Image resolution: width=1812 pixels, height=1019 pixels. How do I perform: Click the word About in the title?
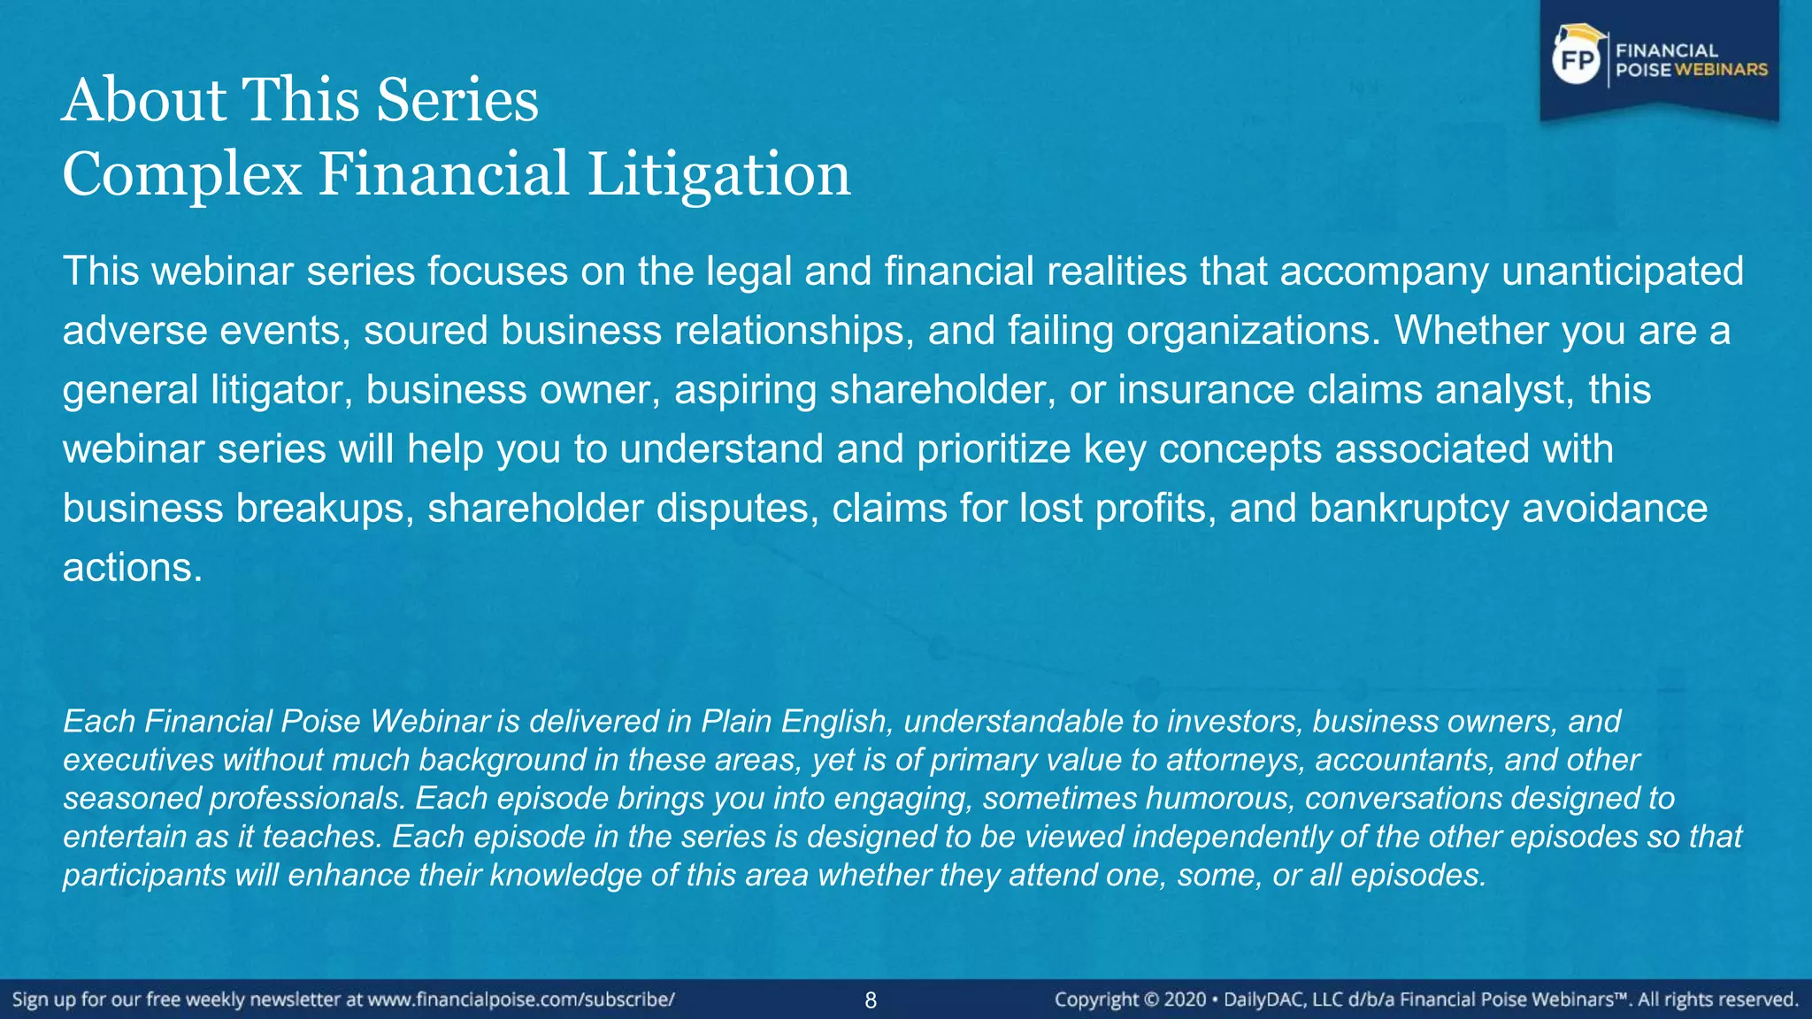coord(144,99)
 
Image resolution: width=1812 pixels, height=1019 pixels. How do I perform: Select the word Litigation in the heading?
coord(718,173)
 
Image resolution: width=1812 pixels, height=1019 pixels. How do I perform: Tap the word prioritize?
coord(994,448)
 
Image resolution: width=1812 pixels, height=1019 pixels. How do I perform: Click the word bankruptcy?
coord(1409,508)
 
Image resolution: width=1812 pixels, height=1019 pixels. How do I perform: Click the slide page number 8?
coord(871,1000)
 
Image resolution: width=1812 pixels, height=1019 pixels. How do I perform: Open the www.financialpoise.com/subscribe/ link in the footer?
coord(521,1000)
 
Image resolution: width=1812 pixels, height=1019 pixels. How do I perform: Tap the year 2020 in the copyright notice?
coord(1185,1000)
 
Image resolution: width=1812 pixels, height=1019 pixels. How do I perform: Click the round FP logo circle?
coord(1578,60)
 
